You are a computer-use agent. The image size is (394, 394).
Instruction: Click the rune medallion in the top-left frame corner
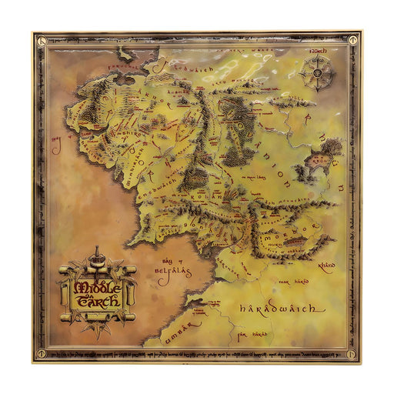(36, 36)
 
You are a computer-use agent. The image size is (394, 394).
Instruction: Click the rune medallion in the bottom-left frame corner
(36, 358)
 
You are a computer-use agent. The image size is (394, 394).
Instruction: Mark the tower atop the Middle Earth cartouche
(96, 254)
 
